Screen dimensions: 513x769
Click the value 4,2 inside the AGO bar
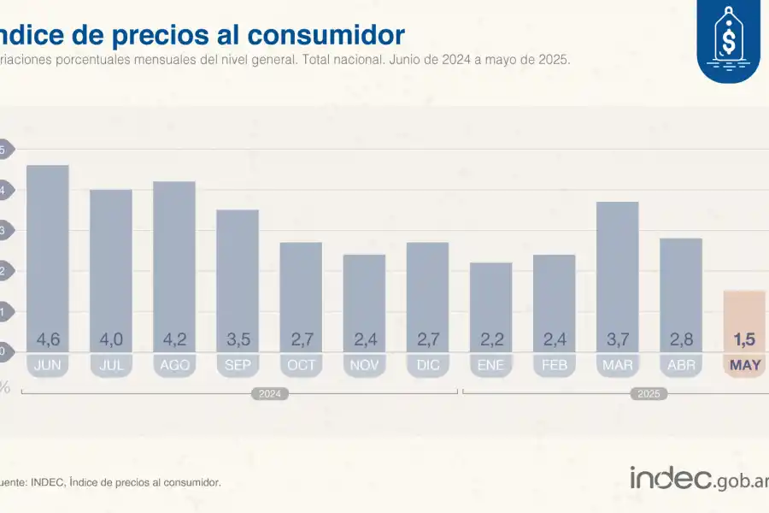pos(174,339)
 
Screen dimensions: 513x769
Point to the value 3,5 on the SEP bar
pos(238,339)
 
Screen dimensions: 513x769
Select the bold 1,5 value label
pos(744,339)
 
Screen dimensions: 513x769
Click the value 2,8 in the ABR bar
pos(681,339)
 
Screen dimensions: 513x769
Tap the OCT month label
pos(301,365)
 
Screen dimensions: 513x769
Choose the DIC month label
pos(427,365)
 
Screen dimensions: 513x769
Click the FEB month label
pos(554,365)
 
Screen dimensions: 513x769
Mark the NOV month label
pos(364,365)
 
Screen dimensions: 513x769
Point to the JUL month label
pos(111,365)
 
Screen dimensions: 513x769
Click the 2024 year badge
pos(269,394)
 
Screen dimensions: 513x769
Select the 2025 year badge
pos(649,394)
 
